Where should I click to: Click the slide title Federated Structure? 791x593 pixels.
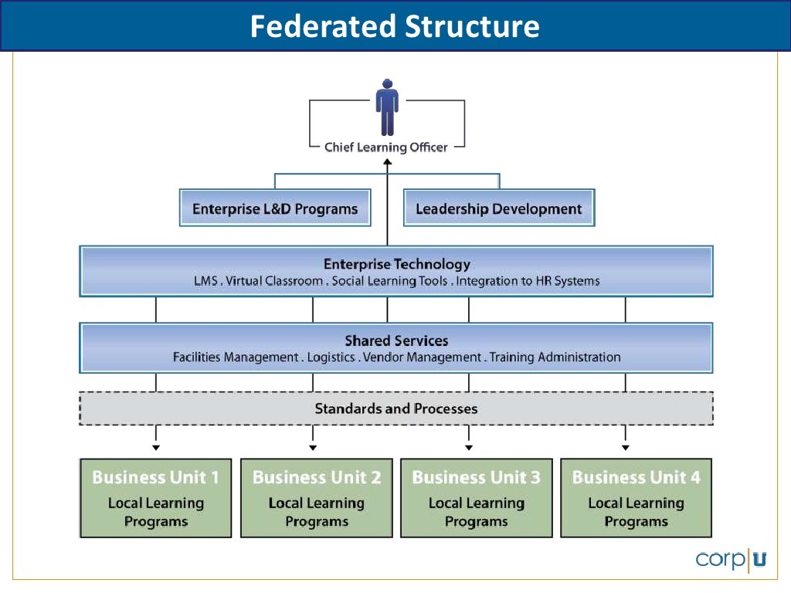click(395, 26)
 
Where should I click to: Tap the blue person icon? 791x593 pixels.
click(387, 108)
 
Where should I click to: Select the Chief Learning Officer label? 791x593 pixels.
click(385, 147)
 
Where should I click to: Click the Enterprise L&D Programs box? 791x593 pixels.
click(274, 208)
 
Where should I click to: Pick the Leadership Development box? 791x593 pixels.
click(499, 208)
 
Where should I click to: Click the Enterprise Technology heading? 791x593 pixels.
click(396, 265)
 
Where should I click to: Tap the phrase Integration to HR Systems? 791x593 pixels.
click(528, 281)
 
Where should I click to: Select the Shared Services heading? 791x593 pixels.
click(396, 341)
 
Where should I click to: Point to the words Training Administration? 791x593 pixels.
click(555, 357)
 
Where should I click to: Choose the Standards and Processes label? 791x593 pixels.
click(396, 408)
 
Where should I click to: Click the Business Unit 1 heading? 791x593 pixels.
click(155, 477)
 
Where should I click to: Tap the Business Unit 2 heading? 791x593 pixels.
click(317, 477)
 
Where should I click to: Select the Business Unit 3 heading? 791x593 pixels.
click(476, 477)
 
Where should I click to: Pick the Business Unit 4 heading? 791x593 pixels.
click(636, 477)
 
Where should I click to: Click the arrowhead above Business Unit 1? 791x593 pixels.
click(156, 447)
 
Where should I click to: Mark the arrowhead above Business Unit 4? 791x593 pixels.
click(626, 447)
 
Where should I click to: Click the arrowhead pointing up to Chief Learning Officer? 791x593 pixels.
click(388, 163)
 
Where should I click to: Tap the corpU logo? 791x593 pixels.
click(731, 559)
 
